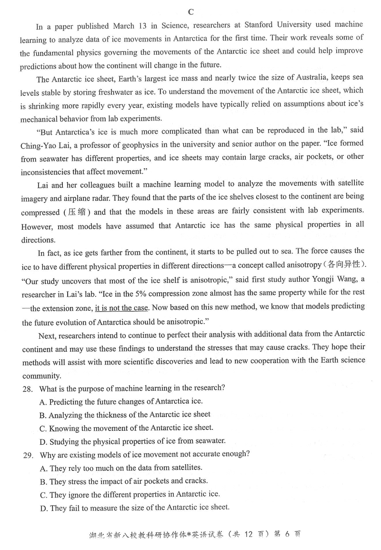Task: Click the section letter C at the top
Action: tap(190, 12)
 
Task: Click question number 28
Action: tap(28, 388)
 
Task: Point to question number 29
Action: tap(28, 455)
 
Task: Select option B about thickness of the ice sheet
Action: tap(126, 415)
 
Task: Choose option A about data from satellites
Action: tap(121, 468)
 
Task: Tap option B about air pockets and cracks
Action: tap(124, 481)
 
